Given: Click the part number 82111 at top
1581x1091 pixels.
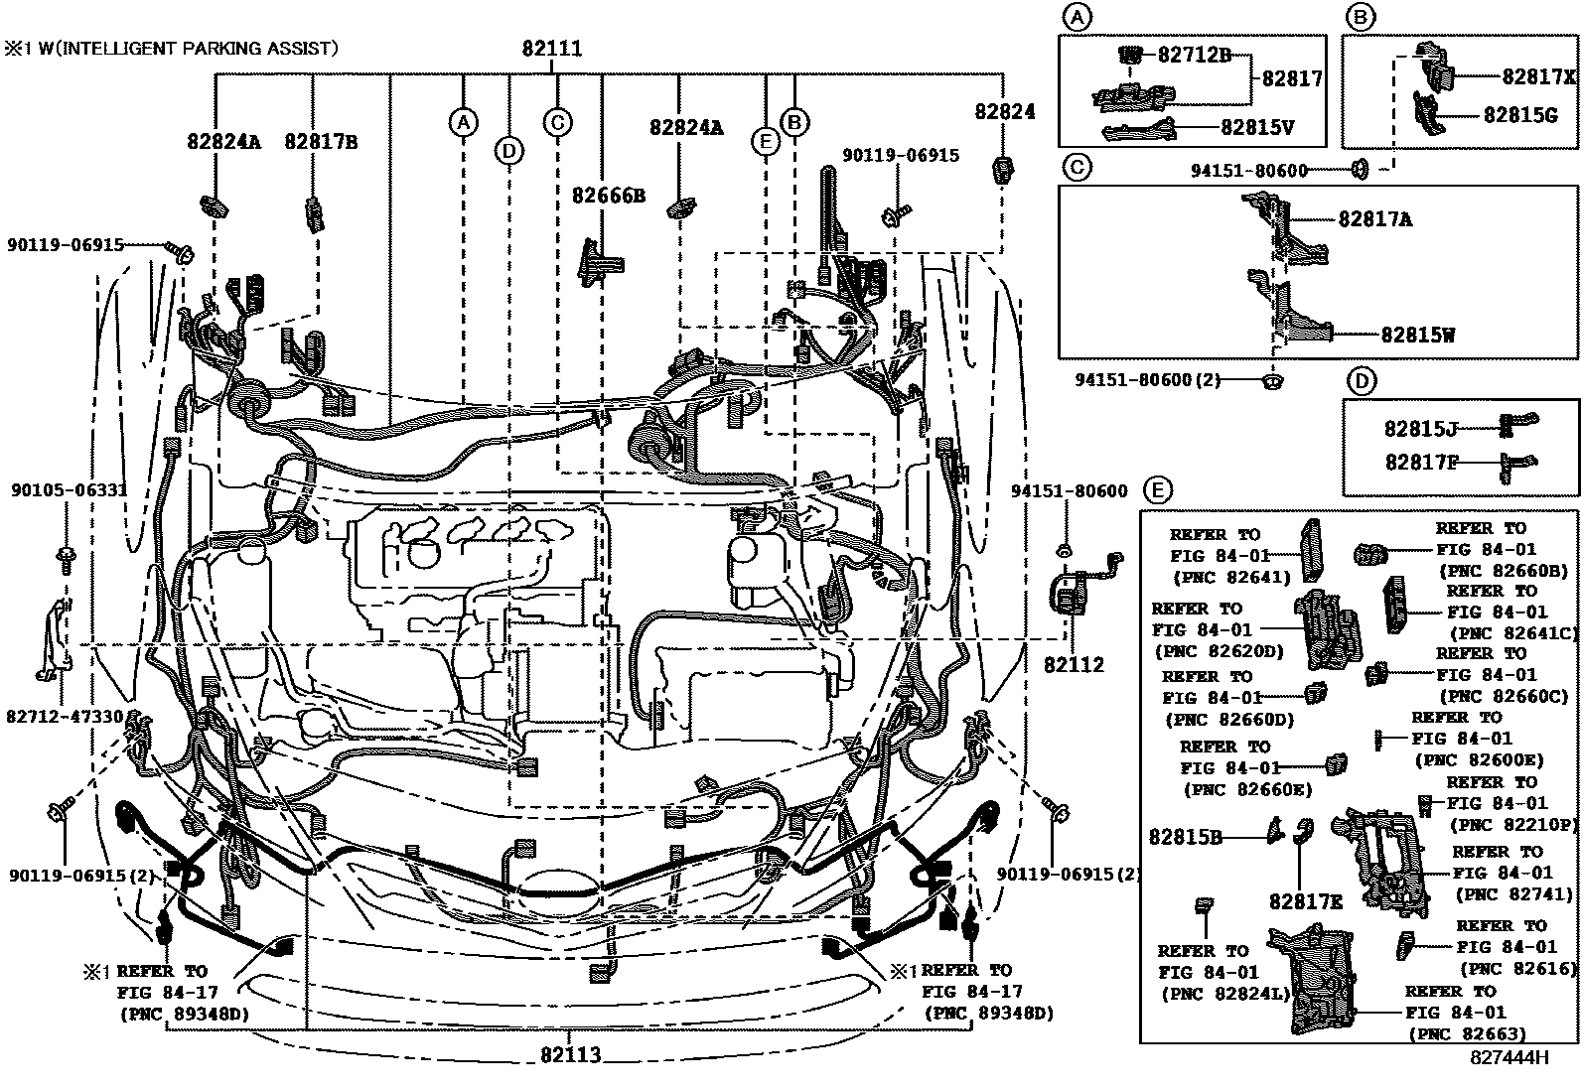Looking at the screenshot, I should (x=552, y=49).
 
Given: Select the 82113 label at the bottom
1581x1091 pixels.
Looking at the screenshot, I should (x=571, y=1055).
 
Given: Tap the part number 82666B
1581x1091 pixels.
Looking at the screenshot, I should (x=608, y=196).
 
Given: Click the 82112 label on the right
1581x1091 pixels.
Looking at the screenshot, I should (x=1074, y=665).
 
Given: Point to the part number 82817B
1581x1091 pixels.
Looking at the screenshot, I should (x=321, y=141).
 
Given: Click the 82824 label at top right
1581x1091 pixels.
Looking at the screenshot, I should (x=1004, y=112).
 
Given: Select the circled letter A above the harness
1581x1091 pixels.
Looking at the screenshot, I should (x=462, y=122).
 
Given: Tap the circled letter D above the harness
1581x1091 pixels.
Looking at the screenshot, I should (x=508, y=150).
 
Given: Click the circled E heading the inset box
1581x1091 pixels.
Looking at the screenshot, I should (x=1157, y=489).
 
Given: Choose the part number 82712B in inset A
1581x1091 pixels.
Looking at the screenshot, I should (x=1194, y=56).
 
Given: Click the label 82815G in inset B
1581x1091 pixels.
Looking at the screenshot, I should (x=1519, y=115).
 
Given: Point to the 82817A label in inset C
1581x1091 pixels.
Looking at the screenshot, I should (x=1374, y=219).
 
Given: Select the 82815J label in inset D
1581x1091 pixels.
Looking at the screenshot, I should (x=1420, y=429).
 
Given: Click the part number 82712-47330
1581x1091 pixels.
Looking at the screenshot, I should (x=65, y=716).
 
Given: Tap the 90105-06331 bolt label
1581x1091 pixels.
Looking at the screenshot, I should (x=70, y=489).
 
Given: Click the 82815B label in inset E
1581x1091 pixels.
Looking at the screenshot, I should (x=1185, y=837).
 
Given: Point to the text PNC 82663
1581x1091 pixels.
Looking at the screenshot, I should (x=1467, y=1034).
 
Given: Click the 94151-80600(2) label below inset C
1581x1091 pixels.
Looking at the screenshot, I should (x=1147, y=379).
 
